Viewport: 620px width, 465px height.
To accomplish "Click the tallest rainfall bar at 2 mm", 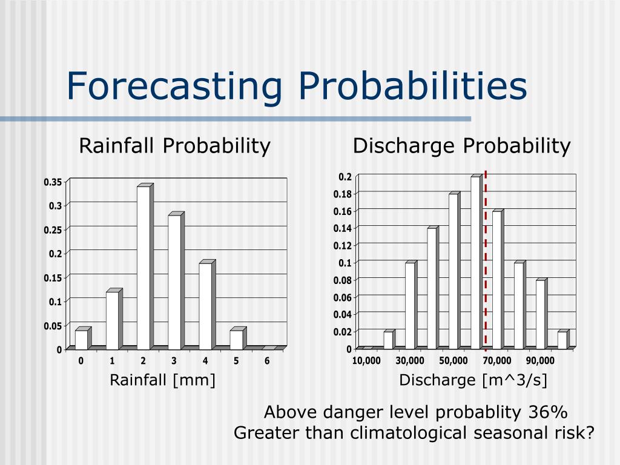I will (x=143, y=268).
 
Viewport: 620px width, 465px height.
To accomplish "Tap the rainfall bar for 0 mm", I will (x=81, y=340).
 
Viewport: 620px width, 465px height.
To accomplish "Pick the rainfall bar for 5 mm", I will (x=236, y=340).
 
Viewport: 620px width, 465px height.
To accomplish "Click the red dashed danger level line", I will (x=486, y=260).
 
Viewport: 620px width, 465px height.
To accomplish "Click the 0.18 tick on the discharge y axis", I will (x=343, y=194).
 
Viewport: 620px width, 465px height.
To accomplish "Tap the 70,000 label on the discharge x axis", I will (x=497, y=361).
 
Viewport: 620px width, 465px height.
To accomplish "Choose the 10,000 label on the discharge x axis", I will (x=366, y=361).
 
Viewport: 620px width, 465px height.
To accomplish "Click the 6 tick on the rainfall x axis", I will (x=267, y=361).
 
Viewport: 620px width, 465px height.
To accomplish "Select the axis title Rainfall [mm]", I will (x=162, y=380).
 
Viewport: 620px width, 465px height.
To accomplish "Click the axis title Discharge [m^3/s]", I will (x=473, y=380).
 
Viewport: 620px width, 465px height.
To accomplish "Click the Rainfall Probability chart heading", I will (x=175, y=146).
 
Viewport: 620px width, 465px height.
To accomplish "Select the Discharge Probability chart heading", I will (x=462, y=146).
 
